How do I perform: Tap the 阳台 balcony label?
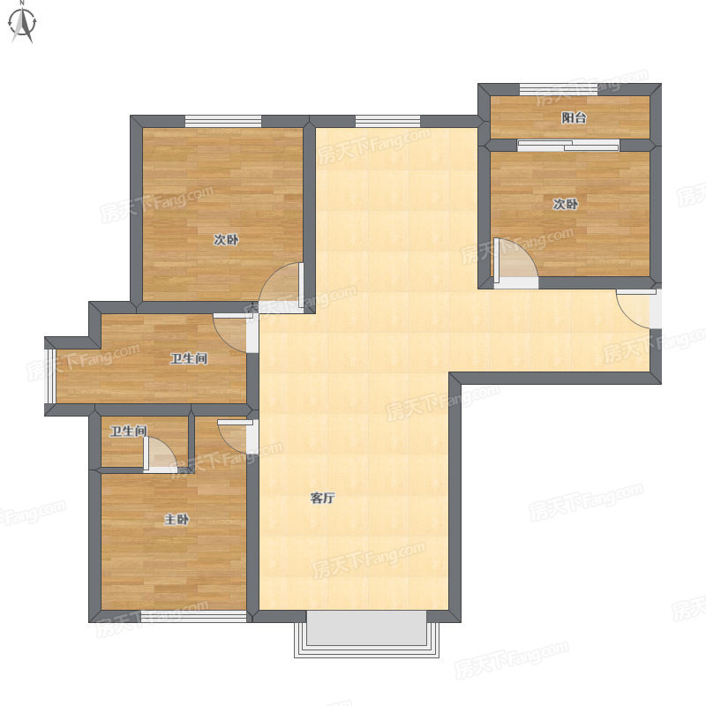574,118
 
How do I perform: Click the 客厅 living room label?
322,498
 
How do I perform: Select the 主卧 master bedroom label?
176,520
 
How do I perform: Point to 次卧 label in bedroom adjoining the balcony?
565,204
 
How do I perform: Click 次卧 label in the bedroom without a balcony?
226,239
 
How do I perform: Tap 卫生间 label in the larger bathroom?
189,358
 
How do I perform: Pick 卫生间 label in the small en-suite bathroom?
129,431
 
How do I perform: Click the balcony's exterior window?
559,90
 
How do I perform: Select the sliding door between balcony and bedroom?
568,145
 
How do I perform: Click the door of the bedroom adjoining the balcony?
516,262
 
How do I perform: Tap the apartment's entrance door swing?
635,309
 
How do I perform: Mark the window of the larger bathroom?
50,376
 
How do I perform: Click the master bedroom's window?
193,616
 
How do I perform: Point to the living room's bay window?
366,634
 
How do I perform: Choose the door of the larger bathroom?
230,333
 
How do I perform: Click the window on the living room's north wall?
387,122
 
